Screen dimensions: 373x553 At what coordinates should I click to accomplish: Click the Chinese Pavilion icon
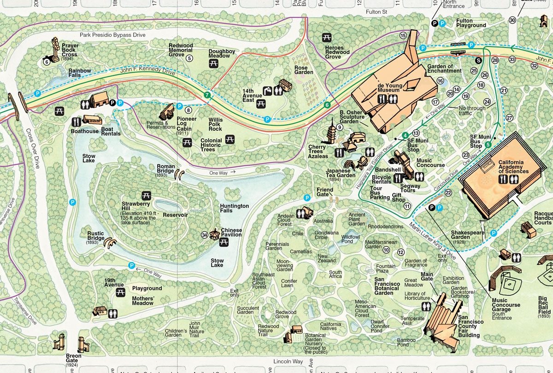point(214,234)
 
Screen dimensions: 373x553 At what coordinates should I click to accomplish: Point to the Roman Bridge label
point(165,169)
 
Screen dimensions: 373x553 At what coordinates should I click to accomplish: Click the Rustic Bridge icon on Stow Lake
point(111,243)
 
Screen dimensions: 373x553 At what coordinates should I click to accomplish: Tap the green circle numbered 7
point(207,95)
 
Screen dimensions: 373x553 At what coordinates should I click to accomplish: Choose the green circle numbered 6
point(327,105)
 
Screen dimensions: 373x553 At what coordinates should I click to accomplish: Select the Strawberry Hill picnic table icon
point(147,195)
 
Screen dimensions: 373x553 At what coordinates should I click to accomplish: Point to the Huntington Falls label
point(234,208)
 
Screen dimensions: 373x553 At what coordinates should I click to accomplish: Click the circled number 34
point(204,235)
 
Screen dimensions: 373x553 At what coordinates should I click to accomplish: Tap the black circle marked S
point(479,60)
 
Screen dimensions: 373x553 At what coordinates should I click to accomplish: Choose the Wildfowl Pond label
point(341,239)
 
